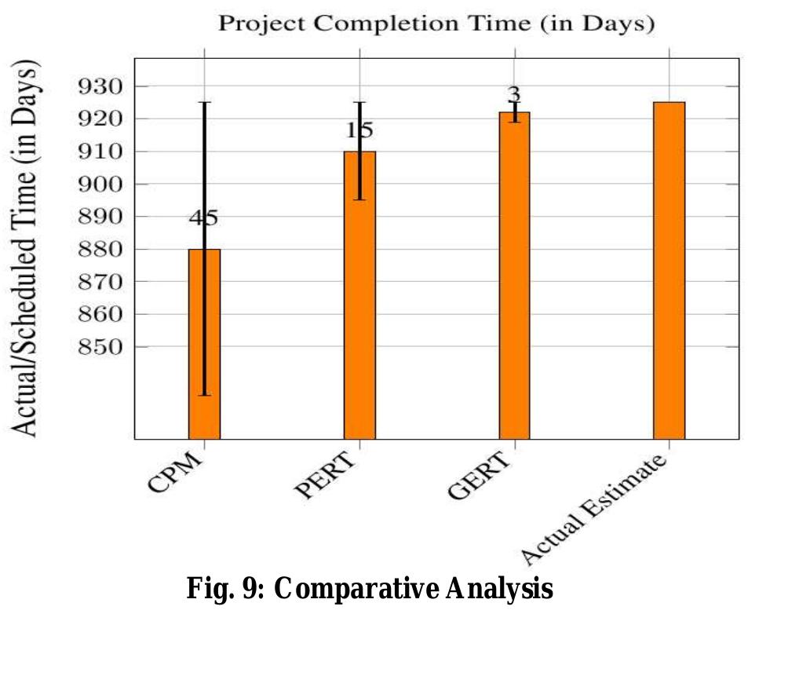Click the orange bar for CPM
point(204,345)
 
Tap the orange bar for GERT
point(515,275)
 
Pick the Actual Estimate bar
point(670,270)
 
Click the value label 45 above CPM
point(203,218)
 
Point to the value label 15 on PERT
point(359,130)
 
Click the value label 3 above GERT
point(515,95)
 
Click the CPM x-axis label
point(175,473)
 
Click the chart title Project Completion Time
point(436,24)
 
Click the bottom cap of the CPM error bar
point(204,395)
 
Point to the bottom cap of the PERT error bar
point(359,199)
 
